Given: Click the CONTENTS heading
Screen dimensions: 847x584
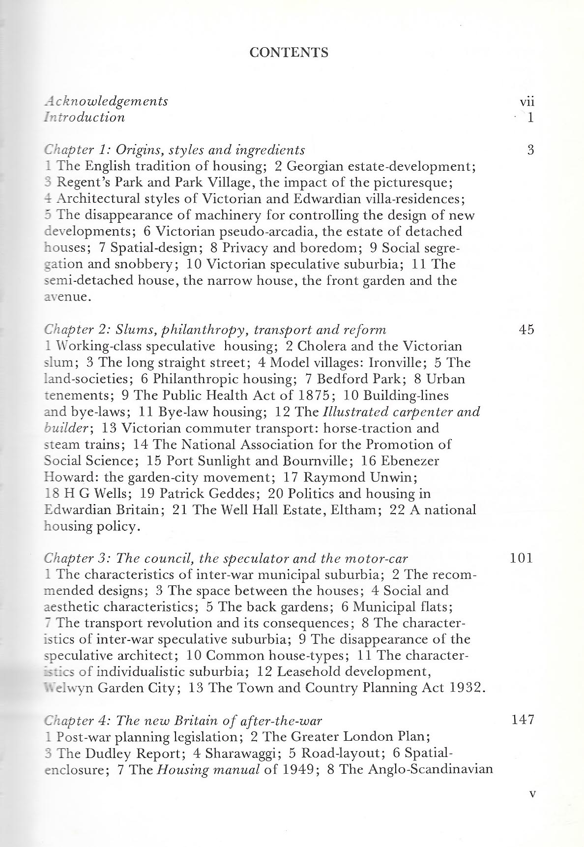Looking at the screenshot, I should click(x=289, y=53).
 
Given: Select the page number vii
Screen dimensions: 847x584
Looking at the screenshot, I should click(x=526, y=102).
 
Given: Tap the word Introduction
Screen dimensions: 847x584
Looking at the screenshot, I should click(x=84, y=118).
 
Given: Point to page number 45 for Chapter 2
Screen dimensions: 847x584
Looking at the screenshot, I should click(x=526, y=330).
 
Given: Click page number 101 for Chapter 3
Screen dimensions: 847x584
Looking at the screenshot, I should click(x=522, y=558).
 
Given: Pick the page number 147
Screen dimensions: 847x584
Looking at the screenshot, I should click(x=522, y=720).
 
